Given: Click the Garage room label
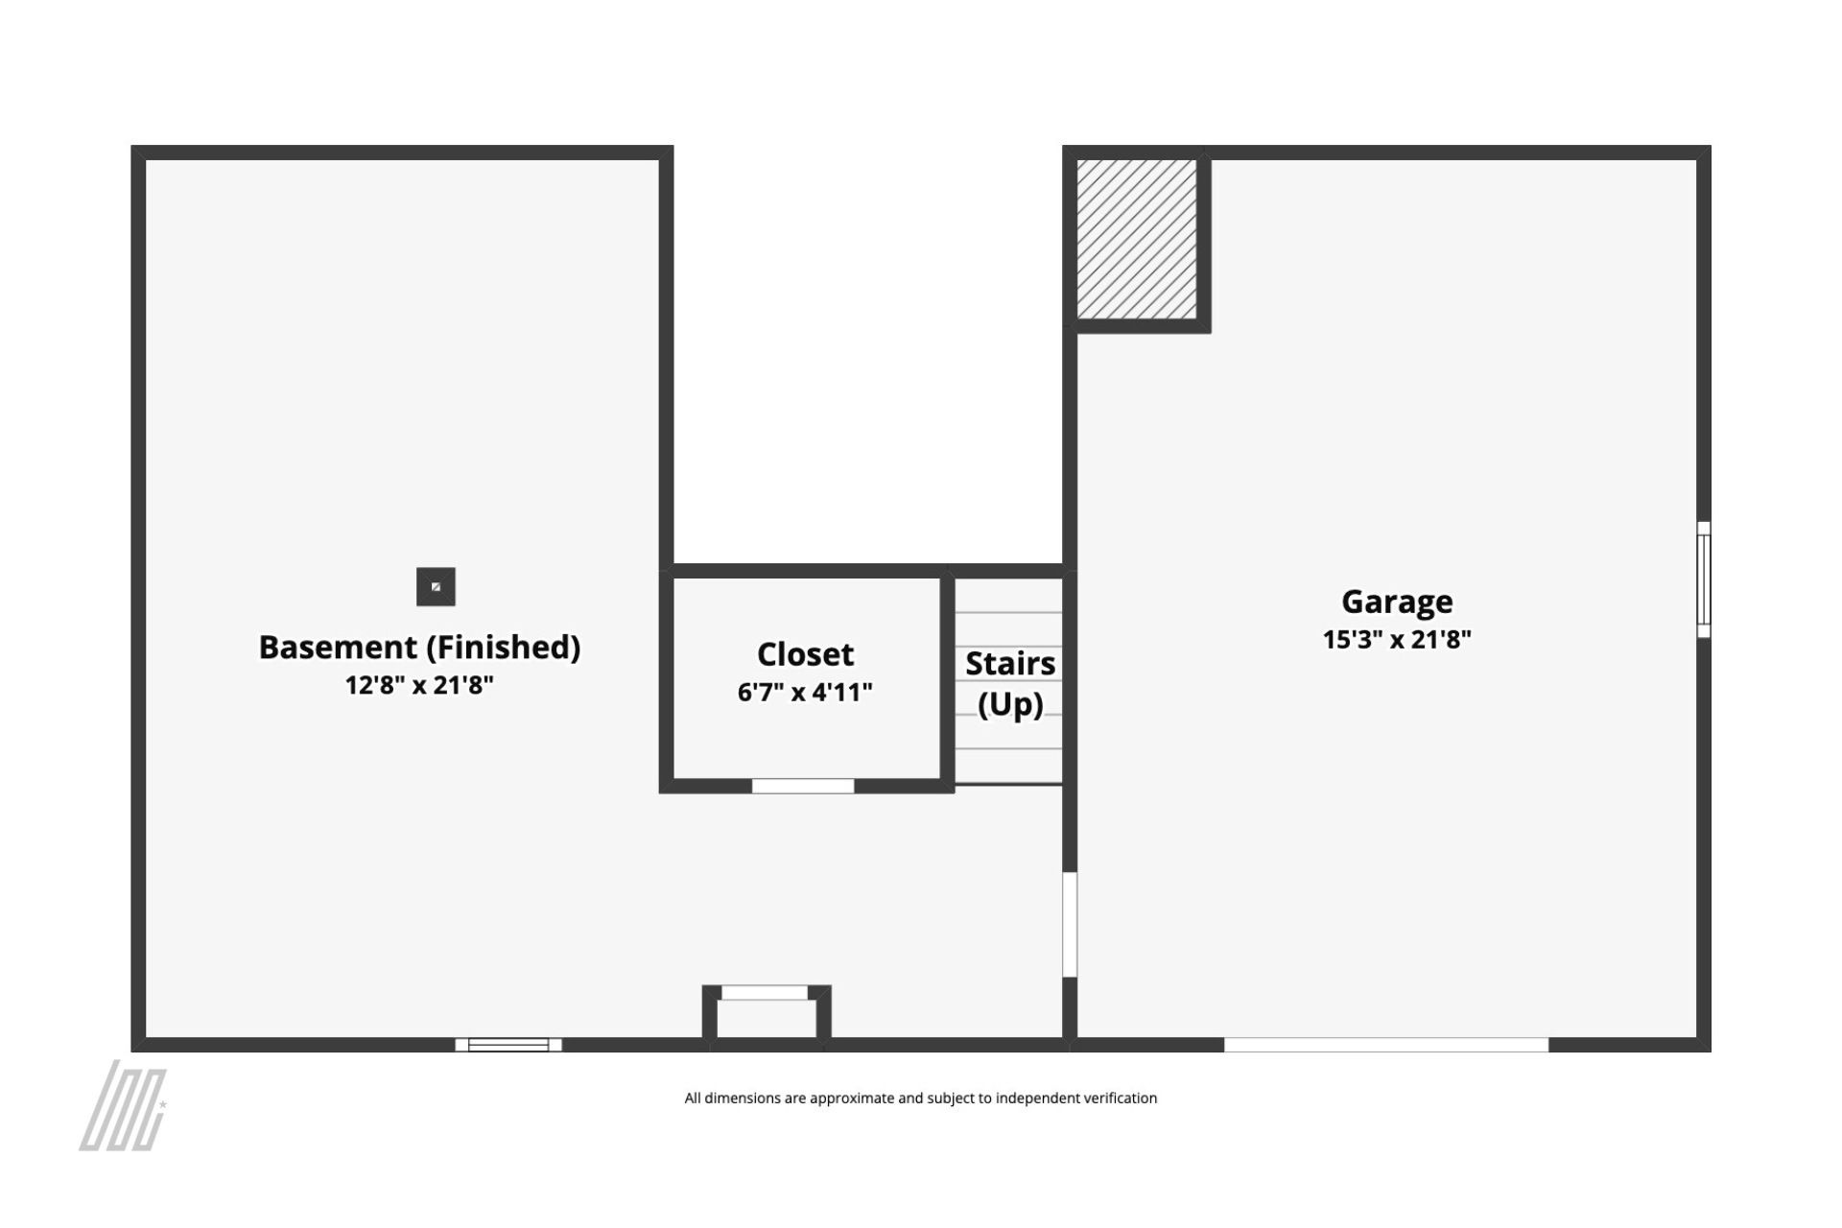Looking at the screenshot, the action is point(1397,602).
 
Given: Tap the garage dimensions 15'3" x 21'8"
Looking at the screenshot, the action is point(1397,640).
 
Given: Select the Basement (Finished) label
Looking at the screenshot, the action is point(419,648).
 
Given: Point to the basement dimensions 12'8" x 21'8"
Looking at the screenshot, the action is point(419,685).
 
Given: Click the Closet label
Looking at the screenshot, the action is point(805,654).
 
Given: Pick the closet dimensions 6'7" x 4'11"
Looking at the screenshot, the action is point(805,692).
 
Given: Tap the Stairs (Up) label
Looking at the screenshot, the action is point(1010,684).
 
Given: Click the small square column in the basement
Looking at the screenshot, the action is point(436,587).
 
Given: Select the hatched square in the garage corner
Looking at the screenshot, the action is point(1137,240).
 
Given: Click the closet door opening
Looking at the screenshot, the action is point(803,787).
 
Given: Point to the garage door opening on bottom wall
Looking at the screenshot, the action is point(1386,1045).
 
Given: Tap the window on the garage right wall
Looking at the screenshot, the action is point(1704,579).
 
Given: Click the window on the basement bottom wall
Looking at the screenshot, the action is point(508,1045).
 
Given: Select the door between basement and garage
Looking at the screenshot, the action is point(1070,925).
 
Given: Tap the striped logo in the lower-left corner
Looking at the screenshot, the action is point(123,1105).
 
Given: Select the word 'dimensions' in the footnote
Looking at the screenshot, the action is point(743,1098).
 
